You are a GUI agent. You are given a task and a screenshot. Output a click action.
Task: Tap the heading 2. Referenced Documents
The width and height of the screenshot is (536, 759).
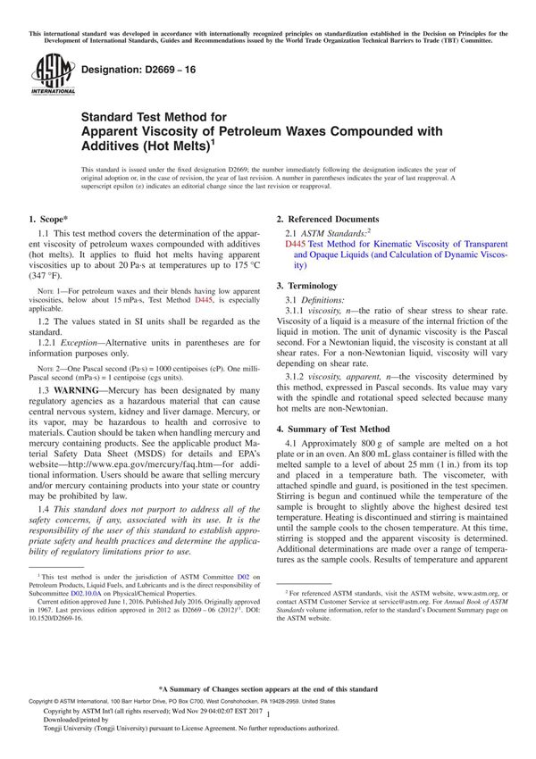pyautogui.click(x=327, y=219)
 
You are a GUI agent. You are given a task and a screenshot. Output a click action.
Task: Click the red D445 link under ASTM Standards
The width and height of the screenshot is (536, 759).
pyautogui.click(x=295, y=243)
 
